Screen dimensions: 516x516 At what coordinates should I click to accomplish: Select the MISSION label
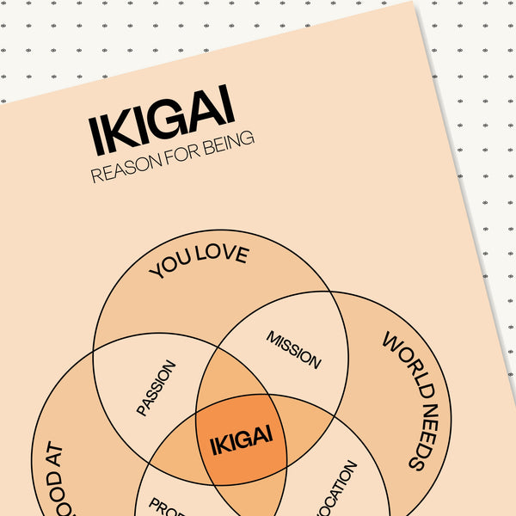coord(293,349)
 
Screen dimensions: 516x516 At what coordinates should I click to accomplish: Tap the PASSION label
coord(156,388)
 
